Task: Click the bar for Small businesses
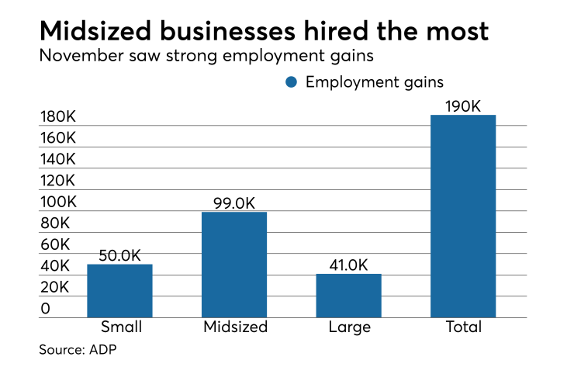pyautogui.click(x=119, y=291)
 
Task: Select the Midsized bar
pyautogui.click(x=234, y=265)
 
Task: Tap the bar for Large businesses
pyautogui.click(x=348, y=296)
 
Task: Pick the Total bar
pyautogui.click(x=463, y=216)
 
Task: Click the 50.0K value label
pyautogui.click(x=119, y=255)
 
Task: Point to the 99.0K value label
pyautogui.click(x=234, y=203)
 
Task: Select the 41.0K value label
pyautogui.click(x=348, y=264)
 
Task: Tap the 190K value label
pyautogui.click(x=463, y=106)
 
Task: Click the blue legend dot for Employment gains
pyautogui.click(x=292, y=82)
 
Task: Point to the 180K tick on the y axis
pyautogui.click(x=58, y=117)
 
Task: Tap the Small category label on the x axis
pyautogui.click(x=119, y=327)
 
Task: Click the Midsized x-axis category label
pyautogui.click(x=234, y=327)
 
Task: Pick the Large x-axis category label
pyautogui.click(x=348, y=327)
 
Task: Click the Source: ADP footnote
pyautogui.click(x=78, y=350)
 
